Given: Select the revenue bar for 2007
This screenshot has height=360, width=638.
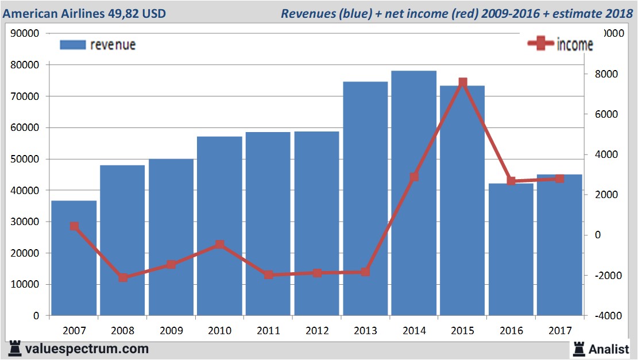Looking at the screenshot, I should pos(74,258).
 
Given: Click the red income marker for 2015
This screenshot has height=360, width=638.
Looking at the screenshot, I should pos(463,83).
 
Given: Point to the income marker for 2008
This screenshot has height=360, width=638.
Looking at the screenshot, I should pos(123,278).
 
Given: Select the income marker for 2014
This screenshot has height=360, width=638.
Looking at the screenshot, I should pos(414,177).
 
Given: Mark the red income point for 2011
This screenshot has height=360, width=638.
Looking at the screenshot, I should pos(269,275).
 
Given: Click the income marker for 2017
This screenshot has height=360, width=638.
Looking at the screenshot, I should pos(560,179).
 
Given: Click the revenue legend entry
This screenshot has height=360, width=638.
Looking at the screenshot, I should pos(98,45).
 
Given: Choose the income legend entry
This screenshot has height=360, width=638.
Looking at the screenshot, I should pos(560,44).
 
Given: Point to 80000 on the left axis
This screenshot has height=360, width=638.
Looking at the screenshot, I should pos(25,65).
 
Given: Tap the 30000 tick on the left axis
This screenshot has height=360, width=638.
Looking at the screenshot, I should pos(25,222).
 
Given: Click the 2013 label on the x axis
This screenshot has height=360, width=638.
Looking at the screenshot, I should pos(366,331).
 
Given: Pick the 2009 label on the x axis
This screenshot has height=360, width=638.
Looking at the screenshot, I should pos(171,331).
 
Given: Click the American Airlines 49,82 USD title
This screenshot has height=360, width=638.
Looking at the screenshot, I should pos(84,13).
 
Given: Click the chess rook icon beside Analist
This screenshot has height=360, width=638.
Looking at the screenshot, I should pos(579,349).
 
